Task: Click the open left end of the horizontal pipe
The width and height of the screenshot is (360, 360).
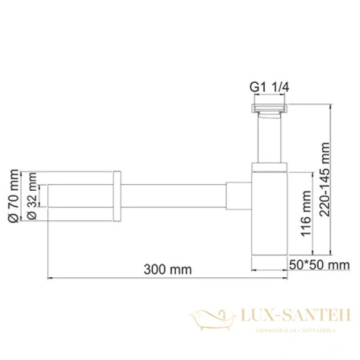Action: coord(49,197)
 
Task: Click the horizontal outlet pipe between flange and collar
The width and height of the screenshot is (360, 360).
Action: coord(174,197)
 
